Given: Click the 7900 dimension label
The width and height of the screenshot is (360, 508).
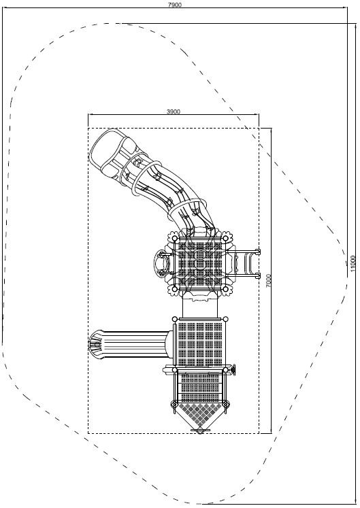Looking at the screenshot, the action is point(175,4).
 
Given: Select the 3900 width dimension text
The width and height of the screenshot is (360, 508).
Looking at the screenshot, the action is point(173,112).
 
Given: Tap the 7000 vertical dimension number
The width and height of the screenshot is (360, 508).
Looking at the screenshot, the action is point(268,281).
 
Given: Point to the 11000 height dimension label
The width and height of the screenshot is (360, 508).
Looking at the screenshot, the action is point(353,264).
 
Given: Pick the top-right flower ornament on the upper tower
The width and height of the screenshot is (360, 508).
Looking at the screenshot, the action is point(227,237).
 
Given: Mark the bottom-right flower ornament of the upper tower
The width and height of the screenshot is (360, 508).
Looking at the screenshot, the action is point(227,289).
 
